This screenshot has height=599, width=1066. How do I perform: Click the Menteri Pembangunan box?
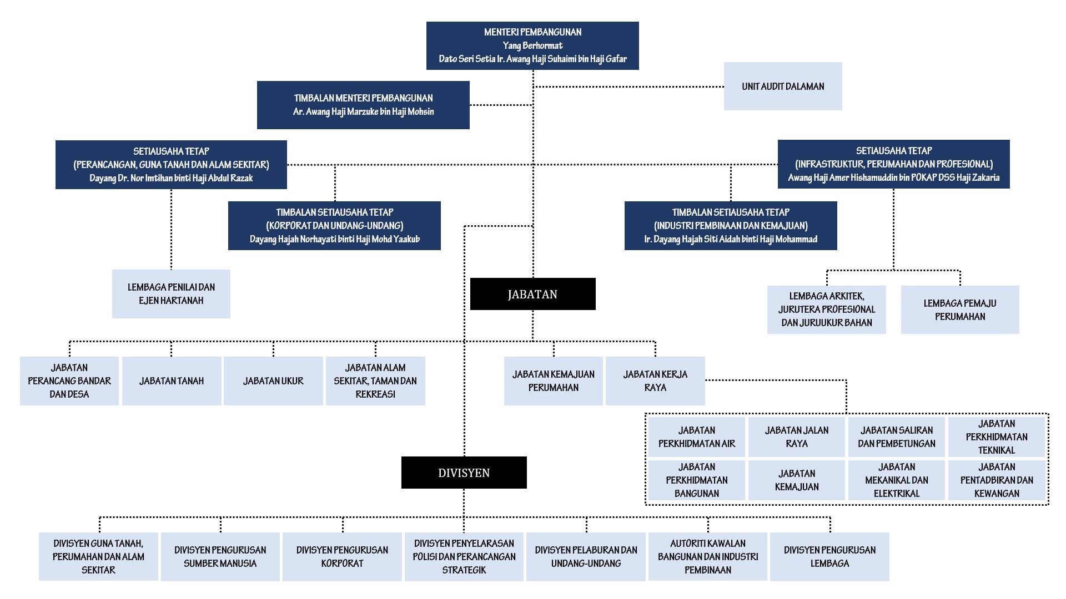pyautogui.click(x=532, y=45)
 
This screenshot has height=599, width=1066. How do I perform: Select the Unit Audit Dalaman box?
pyautogui.click(x=783, y=86)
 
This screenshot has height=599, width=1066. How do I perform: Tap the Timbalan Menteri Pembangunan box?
pyautogui.click(x=363, y=105)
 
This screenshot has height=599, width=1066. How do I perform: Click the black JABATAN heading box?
pyautogui.click(x=532, y=294)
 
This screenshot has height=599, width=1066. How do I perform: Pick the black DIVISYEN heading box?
pyautogui.click(x=464, y=473)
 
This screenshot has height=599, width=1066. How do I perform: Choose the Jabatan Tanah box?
pyautogui.click(x=172, y=381)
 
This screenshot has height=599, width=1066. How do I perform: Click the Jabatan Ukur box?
pyautogui.click(x=273, y=381)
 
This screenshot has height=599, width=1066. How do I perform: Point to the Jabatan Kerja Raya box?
pyautogui.click(x=655, y=381)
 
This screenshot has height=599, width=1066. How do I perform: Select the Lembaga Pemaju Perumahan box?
pyautogui.click(x=960, y=309)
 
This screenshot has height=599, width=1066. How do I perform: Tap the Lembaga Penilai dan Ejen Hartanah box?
pyautogui.click(x=171, y=294)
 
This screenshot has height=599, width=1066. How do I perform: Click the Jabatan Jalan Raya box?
pyautogui.click(x=797, y=437)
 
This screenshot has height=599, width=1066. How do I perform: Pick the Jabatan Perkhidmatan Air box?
pyautogui.click(x=697, y=437)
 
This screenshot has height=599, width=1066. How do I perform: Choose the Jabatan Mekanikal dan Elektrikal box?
pyautogui.click(x=897, y=480)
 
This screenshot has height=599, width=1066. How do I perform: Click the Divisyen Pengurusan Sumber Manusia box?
pyautogui.click(x=220, y=557)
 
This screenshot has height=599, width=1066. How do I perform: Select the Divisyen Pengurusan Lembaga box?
pyautogui.click(x=829, y=557)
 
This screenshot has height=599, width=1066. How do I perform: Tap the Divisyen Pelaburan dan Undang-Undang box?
pyautogui.click(x=586, y=557)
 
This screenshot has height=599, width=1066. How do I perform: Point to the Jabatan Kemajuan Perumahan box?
pyautogui.click(x=554, y=381)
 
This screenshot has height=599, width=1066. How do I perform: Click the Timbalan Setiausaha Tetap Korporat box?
pyautogui.click(x=334, y=226)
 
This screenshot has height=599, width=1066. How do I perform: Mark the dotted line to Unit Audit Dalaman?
pyautogui.click(x=628, y=87)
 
